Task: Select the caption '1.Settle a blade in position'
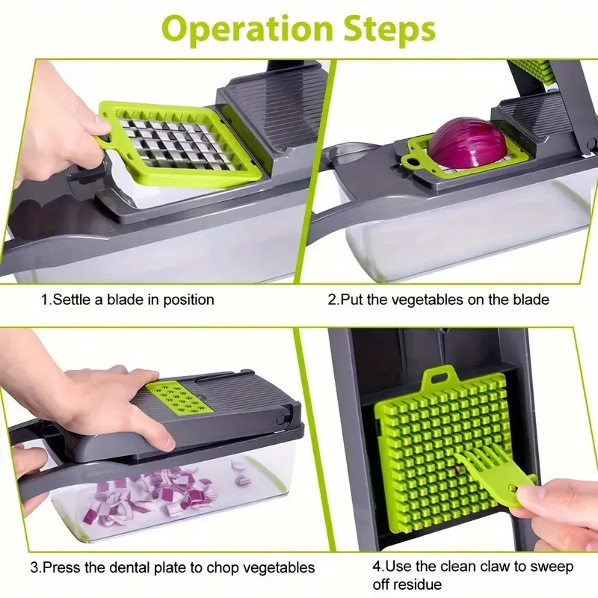click(x=127, y=300)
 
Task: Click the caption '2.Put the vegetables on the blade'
click(x=439, y=300)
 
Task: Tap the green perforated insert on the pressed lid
click(x=179, y=396)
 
